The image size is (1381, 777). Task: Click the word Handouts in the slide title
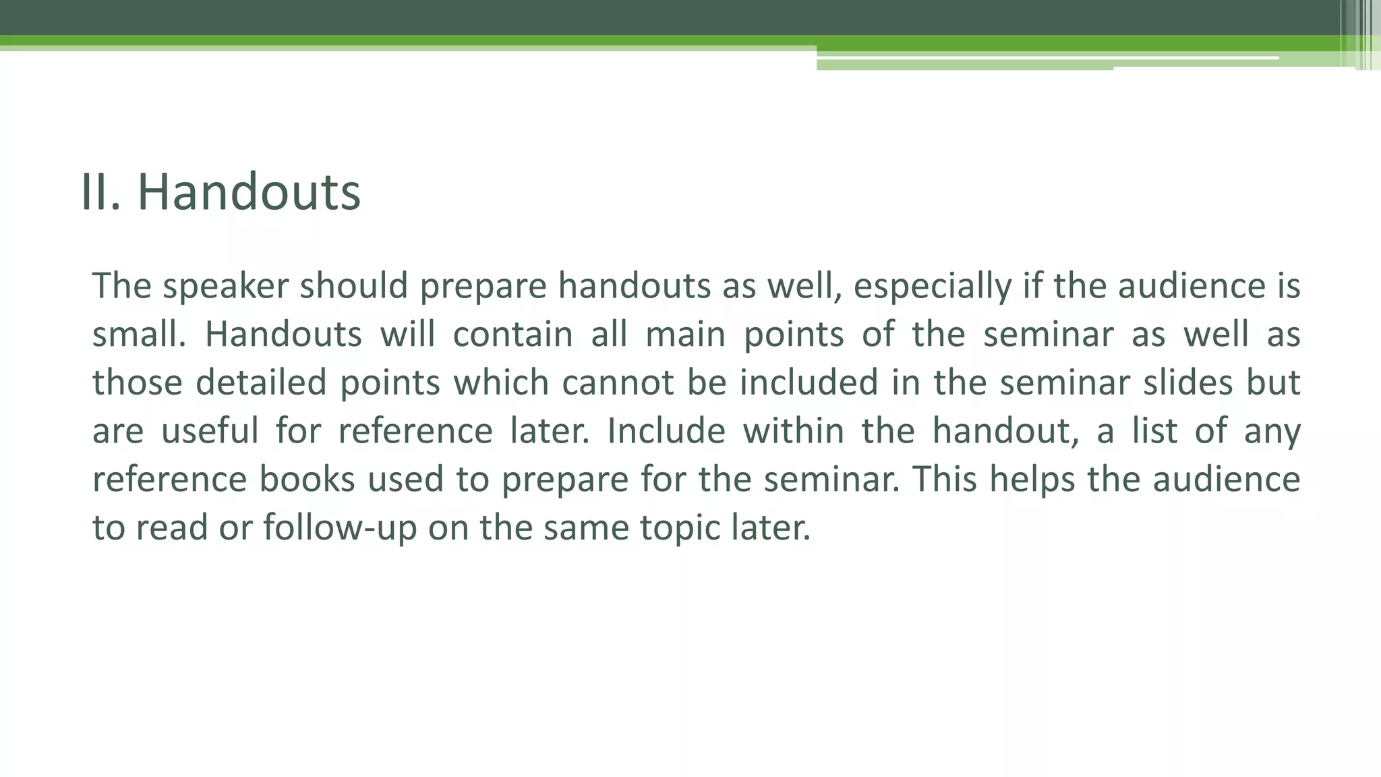tap(249, 192)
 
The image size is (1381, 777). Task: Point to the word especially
tap(933, 286)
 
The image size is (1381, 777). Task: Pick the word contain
tap(512, 335)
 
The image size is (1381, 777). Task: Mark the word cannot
tap(618, 382)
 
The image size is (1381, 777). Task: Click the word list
tap(1154, 431)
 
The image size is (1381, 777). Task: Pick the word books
tap(307, 480)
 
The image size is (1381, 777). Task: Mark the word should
tap(354, 286)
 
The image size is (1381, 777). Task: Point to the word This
tap(945, 480)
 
